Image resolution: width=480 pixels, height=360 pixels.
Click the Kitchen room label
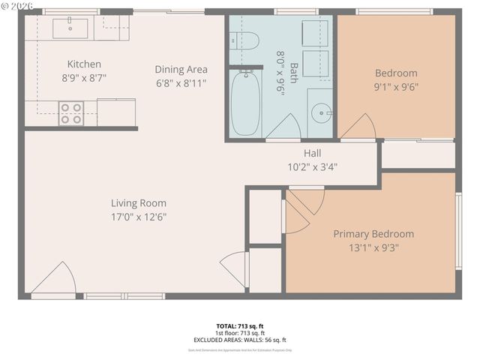click(x=84, y=64)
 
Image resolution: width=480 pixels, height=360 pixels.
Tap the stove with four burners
click(x=72, y=113)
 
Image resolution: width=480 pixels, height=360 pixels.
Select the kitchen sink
click(x=70, y=28)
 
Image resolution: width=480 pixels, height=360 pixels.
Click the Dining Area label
click(x=181, y=69)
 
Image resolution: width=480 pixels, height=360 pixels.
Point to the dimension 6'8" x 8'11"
click(x=181, y=82)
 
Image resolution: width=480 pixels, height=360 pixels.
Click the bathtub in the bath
click(x=244, y=103)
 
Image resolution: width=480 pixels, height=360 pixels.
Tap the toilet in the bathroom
click(x=244, y=39)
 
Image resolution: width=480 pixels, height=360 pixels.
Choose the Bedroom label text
click(x=396, y=73)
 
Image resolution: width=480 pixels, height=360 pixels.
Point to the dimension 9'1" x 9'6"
click(x=396, y=86)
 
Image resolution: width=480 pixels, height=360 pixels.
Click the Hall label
click(x=313, y=153)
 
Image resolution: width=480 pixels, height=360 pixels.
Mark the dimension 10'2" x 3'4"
click(x=313, y=166)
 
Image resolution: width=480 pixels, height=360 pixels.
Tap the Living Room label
click(x=139, y=202)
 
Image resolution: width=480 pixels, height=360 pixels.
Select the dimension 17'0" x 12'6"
click(x=139, y=217)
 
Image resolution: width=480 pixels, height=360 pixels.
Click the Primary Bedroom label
click(x=373, y=233)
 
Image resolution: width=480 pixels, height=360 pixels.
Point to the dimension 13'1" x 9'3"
click(x=373, y=247)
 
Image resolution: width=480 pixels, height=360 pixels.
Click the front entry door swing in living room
click(x=54, y=280)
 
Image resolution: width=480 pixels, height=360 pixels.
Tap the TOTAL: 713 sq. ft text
click(x=240, y=325)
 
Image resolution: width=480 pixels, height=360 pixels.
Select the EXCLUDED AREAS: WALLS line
click(x=240, y=340)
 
